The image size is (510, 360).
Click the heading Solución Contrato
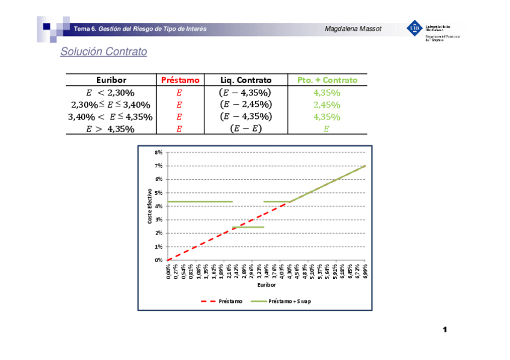[103, 52]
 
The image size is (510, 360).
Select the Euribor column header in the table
[111, 80]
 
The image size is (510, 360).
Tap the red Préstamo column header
[180, 80]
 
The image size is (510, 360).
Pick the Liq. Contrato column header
[245, 80]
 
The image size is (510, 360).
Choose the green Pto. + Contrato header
[327, 80]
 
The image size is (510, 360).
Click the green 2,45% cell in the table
[327, 105]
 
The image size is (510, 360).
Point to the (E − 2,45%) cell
[245, 105]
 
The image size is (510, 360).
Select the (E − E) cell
[245, 129]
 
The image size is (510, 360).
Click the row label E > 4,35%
[111, 129]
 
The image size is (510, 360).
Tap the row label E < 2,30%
[111, 93]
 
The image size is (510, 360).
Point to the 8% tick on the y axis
[158, 153]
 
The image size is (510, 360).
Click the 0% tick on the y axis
[158, 260]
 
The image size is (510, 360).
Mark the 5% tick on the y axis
[158, 193]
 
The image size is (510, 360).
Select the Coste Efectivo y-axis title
[150, 207]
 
